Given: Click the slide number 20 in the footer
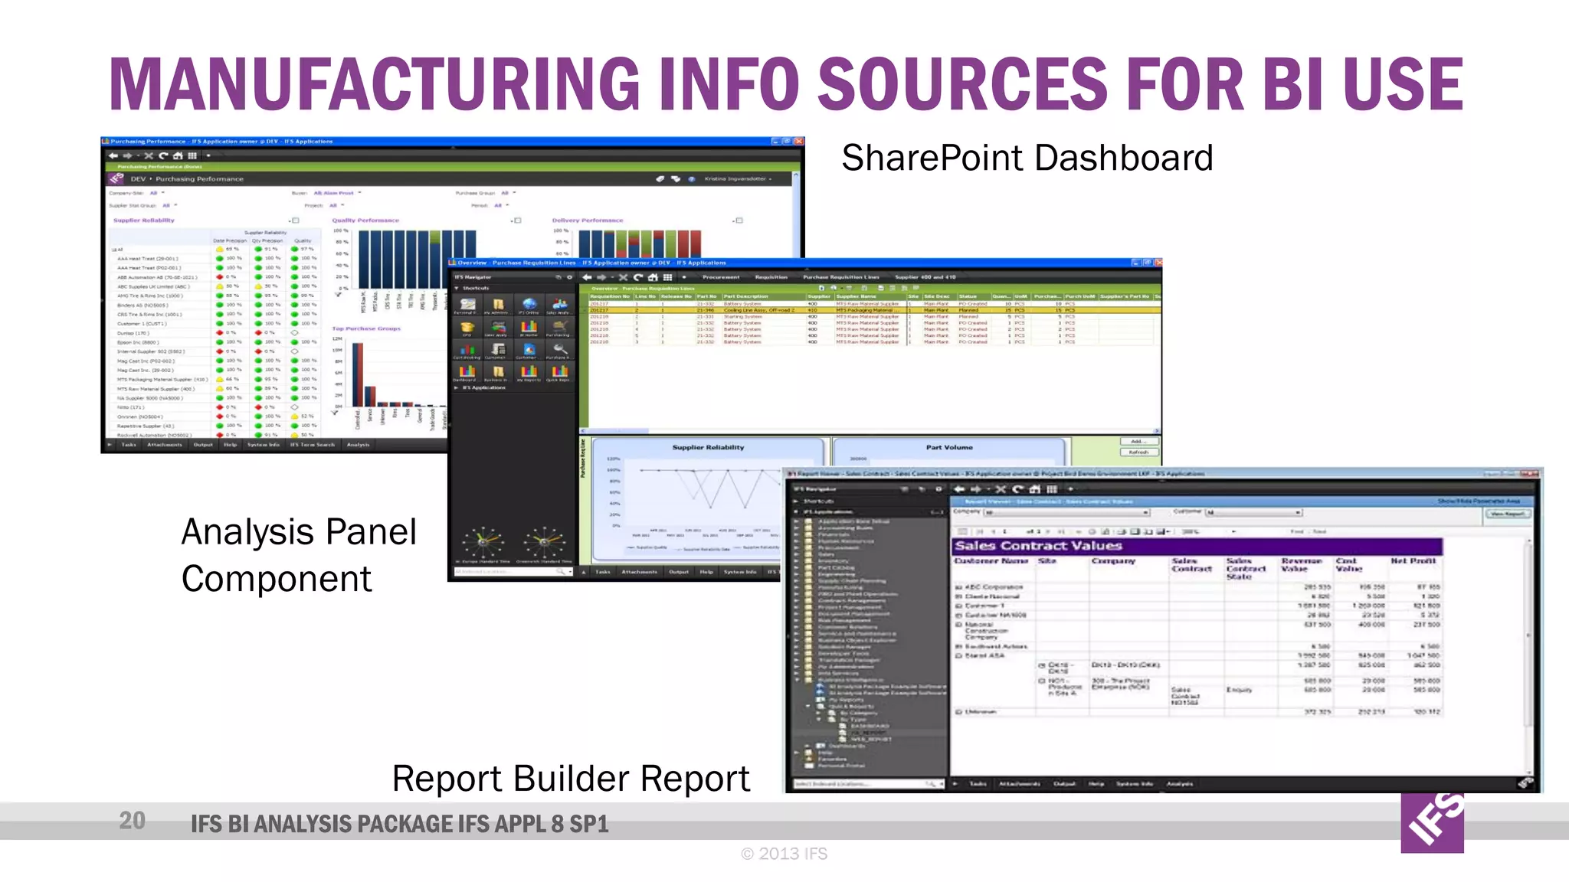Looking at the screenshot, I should [133, 821].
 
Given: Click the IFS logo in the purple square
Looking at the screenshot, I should [1432, 822].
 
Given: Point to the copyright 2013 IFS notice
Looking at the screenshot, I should [784, 854].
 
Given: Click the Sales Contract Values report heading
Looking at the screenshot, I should [1038, 546].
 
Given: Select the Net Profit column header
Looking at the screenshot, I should [1413, 561].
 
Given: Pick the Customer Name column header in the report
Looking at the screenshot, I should [991, 561].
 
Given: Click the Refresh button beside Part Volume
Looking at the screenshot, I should [1138, 452].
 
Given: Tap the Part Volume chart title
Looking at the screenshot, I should [948, 447].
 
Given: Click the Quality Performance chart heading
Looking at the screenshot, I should [365, 220].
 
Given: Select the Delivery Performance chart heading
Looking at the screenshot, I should [588, 220].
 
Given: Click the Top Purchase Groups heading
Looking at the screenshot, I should [366, 328].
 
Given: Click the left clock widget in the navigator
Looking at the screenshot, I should [483, 542].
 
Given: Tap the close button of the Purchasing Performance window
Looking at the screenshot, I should [798, 142].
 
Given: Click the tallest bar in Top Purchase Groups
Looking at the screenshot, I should [358, 374].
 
